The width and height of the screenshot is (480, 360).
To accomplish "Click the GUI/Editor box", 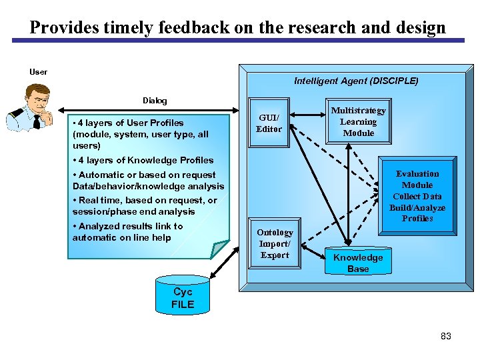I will tap(269, 123).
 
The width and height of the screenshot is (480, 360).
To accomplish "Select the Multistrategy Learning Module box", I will tap(358, 121).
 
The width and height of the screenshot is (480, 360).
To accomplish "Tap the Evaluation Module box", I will tap(417, 195).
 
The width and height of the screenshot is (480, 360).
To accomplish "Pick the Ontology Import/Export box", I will tap(275, 243).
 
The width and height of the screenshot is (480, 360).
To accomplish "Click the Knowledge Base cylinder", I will tap(358, 263).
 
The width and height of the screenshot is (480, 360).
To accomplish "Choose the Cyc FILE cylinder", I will tap(183, 297).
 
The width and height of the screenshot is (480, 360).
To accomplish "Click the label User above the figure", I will tap(38, 71).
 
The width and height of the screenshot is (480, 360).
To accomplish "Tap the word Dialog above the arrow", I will tap(155, 101).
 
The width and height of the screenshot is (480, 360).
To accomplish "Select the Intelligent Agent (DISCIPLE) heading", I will tap(356, 81).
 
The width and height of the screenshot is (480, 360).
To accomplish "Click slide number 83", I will tap(446, 336).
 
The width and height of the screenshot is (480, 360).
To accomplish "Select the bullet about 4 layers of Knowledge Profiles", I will tap(143, 160).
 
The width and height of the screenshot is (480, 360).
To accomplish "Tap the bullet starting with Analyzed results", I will tap(127, 232).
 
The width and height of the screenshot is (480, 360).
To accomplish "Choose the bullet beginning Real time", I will tap(144, 206).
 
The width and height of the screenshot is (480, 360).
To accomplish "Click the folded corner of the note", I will tap(220, 248).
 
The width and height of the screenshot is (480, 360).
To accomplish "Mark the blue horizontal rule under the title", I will tap(239, 41).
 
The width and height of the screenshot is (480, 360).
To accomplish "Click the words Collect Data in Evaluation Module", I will tap(417, 196).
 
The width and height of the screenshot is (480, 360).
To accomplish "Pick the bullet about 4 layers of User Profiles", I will tap(140, 134).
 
